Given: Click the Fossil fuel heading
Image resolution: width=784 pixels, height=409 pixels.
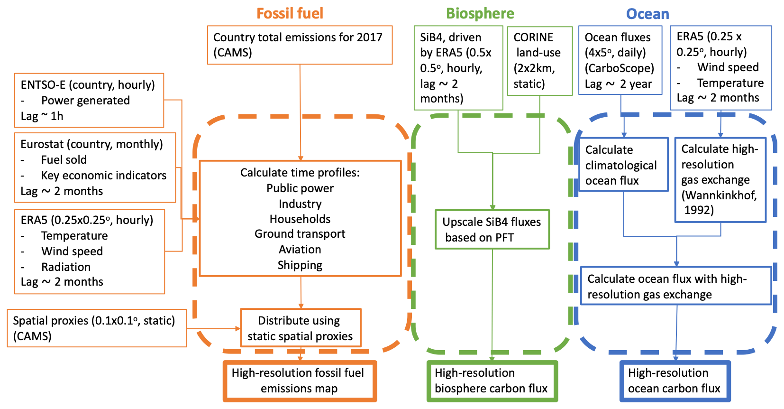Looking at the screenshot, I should click(x=290, y=13).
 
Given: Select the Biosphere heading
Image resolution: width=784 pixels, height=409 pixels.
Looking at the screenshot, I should click(x=480, y=13).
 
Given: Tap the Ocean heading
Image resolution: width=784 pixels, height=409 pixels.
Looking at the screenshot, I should click(x=647, y=14).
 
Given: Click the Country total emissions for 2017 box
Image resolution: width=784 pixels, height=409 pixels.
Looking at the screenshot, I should click(x=300, y=45).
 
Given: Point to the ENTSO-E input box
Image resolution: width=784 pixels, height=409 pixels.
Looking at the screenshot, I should click(x=89, y=100).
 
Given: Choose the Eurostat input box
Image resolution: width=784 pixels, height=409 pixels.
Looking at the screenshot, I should click(x=95, y=167).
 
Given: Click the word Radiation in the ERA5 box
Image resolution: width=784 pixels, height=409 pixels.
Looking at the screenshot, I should click(x=66, y=267).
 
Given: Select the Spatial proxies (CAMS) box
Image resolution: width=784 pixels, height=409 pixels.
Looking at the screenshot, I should click(x=97, y=328).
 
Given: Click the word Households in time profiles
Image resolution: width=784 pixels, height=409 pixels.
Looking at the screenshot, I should click(x=300, y=219).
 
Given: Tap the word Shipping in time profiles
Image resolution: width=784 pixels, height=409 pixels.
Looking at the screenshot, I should click(x=300, y=265).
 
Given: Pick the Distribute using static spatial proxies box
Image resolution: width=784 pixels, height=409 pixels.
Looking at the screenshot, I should click(x=301, y=328).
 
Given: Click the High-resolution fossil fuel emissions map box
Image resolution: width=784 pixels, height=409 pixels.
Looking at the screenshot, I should click(x=300, y=381).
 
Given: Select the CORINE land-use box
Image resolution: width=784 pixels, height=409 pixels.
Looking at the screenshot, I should click(x=539, y=61).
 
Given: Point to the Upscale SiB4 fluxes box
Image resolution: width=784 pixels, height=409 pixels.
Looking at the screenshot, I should click(x=492, y=229).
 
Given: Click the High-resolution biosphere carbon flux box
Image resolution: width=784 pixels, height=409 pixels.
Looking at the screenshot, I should click(x=492, y=381).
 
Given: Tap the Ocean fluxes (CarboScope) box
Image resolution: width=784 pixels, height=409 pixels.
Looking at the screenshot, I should click(x=620, y=60).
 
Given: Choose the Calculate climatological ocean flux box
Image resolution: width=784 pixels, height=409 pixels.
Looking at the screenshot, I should click(x=623, y=165).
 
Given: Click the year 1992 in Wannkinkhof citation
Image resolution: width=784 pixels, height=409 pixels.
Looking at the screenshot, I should click(x=699, y=210).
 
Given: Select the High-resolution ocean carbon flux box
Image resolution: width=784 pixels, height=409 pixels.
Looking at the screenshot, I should click(x=675, y=381).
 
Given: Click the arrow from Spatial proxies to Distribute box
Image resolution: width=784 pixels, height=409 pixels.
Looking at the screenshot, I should click(x=213, y=328).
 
